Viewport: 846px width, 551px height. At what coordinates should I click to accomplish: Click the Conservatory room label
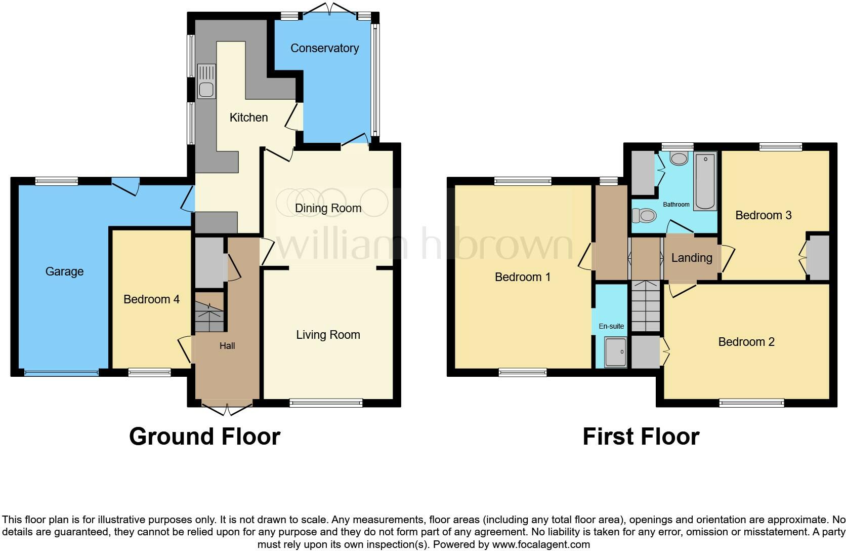tap(324, 48)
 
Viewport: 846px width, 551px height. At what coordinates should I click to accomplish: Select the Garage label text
tap(64, 271)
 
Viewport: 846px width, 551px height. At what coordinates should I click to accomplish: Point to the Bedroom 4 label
tap(151, 299)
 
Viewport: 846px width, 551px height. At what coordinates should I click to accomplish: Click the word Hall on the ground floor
tap(227, 346)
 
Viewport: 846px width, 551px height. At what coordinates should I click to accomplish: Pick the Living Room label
tap(328, 335)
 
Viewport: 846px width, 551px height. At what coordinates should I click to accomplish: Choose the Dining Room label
tap(328, 208)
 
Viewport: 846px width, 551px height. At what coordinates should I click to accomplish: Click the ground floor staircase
tap(209, 311)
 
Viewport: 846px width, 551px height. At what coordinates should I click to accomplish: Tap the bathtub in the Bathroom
tap(705, 181)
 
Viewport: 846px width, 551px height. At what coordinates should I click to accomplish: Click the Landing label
tap(691, 258)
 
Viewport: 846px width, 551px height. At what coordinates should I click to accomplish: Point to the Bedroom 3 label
tap(763, 215)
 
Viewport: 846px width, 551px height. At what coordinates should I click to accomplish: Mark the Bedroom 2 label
tap(746, 342)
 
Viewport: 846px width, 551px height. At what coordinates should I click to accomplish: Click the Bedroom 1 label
tap(522, 277)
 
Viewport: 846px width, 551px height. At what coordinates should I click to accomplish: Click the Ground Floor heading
tap(204, 437)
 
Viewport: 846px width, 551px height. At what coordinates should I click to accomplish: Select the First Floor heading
tap(641, 437)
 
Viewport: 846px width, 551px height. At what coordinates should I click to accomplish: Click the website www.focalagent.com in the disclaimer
tap(541, 545)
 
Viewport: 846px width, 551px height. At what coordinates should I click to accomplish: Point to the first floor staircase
tap(646, 306)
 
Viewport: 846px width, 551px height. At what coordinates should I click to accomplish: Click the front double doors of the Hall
tap(227, 408)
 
